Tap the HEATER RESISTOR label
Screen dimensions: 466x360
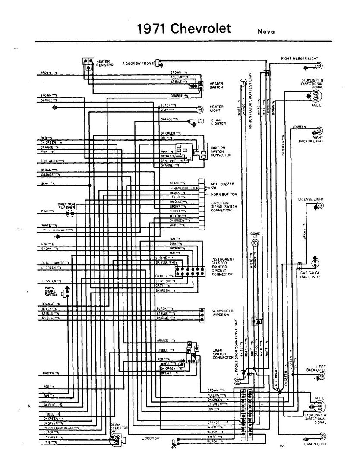tap(105, 63)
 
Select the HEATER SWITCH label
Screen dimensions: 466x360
tap(217, 85)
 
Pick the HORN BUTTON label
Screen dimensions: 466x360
tap(224, 195)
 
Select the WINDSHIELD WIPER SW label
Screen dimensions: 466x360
tap(223, 313)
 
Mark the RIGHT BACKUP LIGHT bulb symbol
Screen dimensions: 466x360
tap(319, 130)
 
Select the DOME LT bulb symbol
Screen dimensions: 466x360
tap(255, 243)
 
